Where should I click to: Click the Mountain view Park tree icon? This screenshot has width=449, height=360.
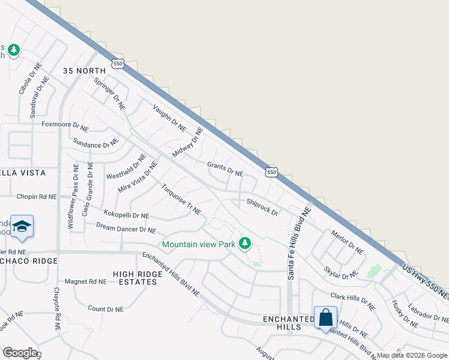pos(244,244)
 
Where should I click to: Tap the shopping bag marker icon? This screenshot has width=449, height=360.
pos(325,317)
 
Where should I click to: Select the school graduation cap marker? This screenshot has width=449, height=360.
pos(22,227)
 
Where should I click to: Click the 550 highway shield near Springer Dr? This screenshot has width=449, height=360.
pos(117,63)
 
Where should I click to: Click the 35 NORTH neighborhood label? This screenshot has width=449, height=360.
pos(88,71)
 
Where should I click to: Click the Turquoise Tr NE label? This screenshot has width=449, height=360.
pos(181,200)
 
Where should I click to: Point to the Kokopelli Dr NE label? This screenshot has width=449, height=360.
pos(126,214)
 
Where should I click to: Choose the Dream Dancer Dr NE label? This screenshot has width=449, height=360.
pos(126,228)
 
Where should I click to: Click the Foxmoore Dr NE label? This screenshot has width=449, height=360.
pos(65,127)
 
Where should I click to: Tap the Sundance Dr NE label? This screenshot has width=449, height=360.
pos(95,143)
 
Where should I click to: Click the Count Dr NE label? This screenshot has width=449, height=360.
pos(106,308)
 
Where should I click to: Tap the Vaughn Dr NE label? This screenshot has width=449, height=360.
pos(170,116)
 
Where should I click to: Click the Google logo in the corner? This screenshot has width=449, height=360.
pos(20,352)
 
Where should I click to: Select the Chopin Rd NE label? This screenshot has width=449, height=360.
pos(37,196)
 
